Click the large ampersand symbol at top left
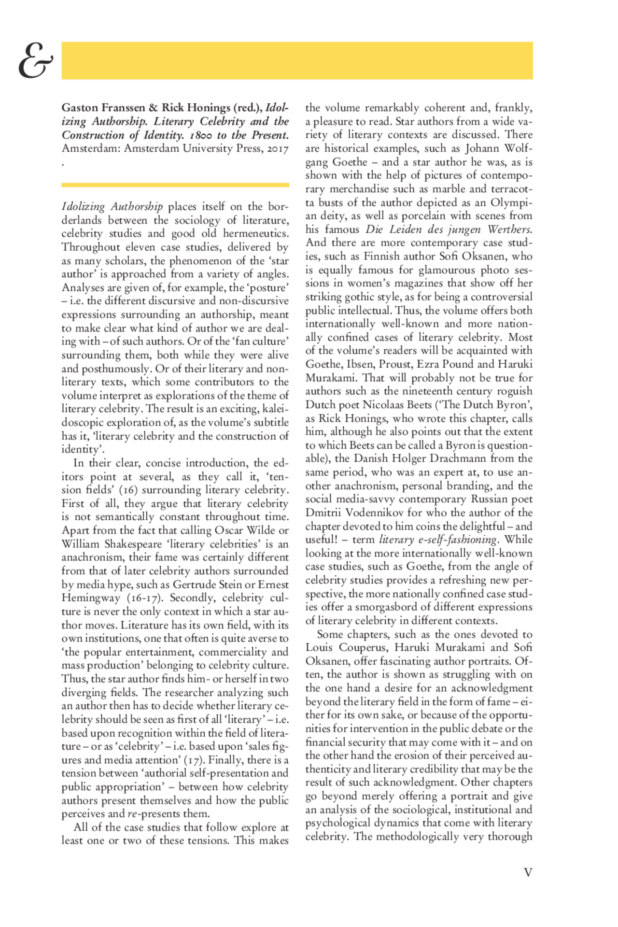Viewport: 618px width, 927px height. coord(35,61)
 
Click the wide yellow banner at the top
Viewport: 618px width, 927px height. coord(297,60)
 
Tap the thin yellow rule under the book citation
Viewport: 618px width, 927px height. coord(175,185)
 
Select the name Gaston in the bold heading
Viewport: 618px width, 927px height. coord(79,108)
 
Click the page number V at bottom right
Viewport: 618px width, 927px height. coord(528,872)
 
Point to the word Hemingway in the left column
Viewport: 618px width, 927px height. coord(91,598)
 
